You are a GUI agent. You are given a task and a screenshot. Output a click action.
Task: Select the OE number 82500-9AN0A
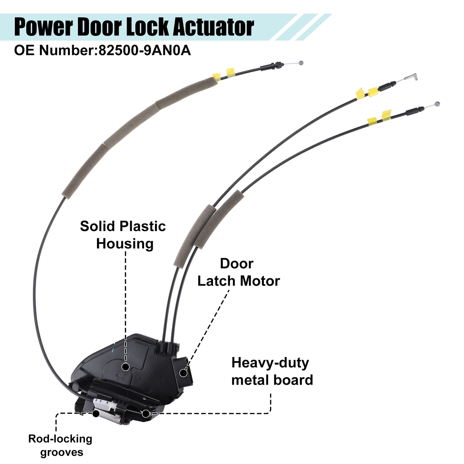(145, 51)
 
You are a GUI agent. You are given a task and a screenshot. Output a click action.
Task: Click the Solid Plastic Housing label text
(123, 235)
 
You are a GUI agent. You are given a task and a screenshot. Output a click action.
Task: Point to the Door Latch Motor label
(239, 272)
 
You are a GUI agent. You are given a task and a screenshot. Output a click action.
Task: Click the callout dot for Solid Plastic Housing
(125, 367)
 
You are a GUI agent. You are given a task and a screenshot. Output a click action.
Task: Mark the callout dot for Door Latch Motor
(183, 373)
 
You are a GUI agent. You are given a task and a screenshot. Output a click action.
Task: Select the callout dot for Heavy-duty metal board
(145, 414)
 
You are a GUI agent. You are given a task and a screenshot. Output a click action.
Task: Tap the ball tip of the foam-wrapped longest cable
(301, 63)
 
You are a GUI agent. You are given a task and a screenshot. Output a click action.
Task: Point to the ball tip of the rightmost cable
(437, 104)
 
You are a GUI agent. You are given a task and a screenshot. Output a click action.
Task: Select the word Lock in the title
(147, 27)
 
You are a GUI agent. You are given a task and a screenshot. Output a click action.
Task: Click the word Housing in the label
(125, 244)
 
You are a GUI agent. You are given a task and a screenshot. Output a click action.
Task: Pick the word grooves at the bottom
(62, 452)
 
